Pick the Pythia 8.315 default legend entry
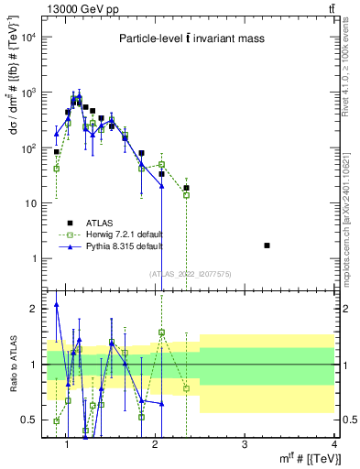click(112, 246)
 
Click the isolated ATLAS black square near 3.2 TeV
click(267, 245)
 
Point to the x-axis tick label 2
click(155, 446)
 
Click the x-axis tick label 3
click(245, 446)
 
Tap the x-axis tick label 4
click(333, 446)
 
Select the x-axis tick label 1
click(66, 446)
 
